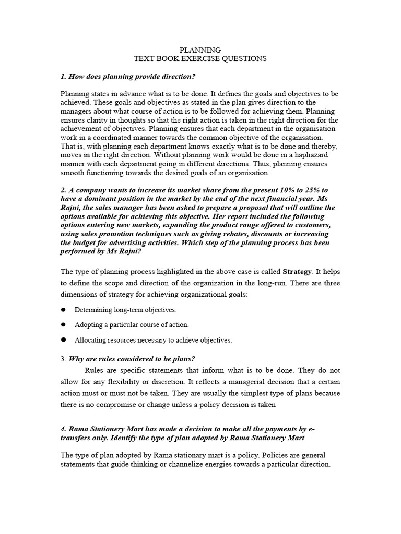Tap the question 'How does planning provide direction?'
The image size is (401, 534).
(x=128, y=77)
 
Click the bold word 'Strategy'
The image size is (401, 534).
(x=297, y=272)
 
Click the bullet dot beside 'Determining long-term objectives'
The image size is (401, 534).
(x=64, y=310)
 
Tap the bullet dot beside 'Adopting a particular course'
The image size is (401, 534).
(x=64, y=325)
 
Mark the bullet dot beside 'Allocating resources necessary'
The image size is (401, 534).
(x=64, y=340)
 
